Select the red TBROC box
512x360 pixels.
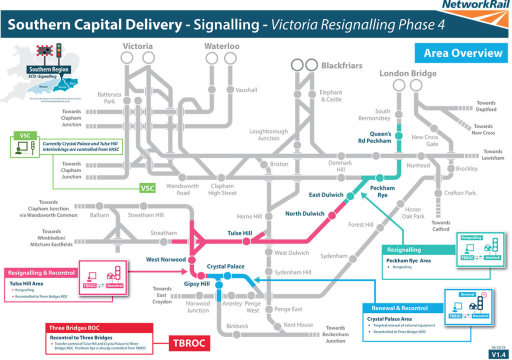click(x=187, y=343)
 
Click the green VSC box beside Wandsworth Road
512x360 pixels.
click(x=147, y=188)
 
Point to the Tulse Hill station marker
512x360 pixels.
click(x=246, y=241)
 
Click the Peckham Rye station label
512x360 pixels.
click(x=382, y=191)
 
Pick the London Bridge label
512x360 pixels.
click(x=407, y=73)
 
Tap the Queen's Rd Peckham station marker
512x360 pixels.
click(x=398, y=135)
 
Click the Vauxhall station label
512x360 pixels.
click(x=246, y=90)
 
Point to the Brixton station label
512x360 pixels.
click(x=279, y=164)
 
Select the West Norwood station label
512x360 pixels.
click(x=165, y=259)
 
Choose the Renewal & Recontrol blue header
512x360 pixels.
click(x=402, y=308)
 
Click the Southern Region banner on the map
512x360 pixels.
click(x=49, y=69)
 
